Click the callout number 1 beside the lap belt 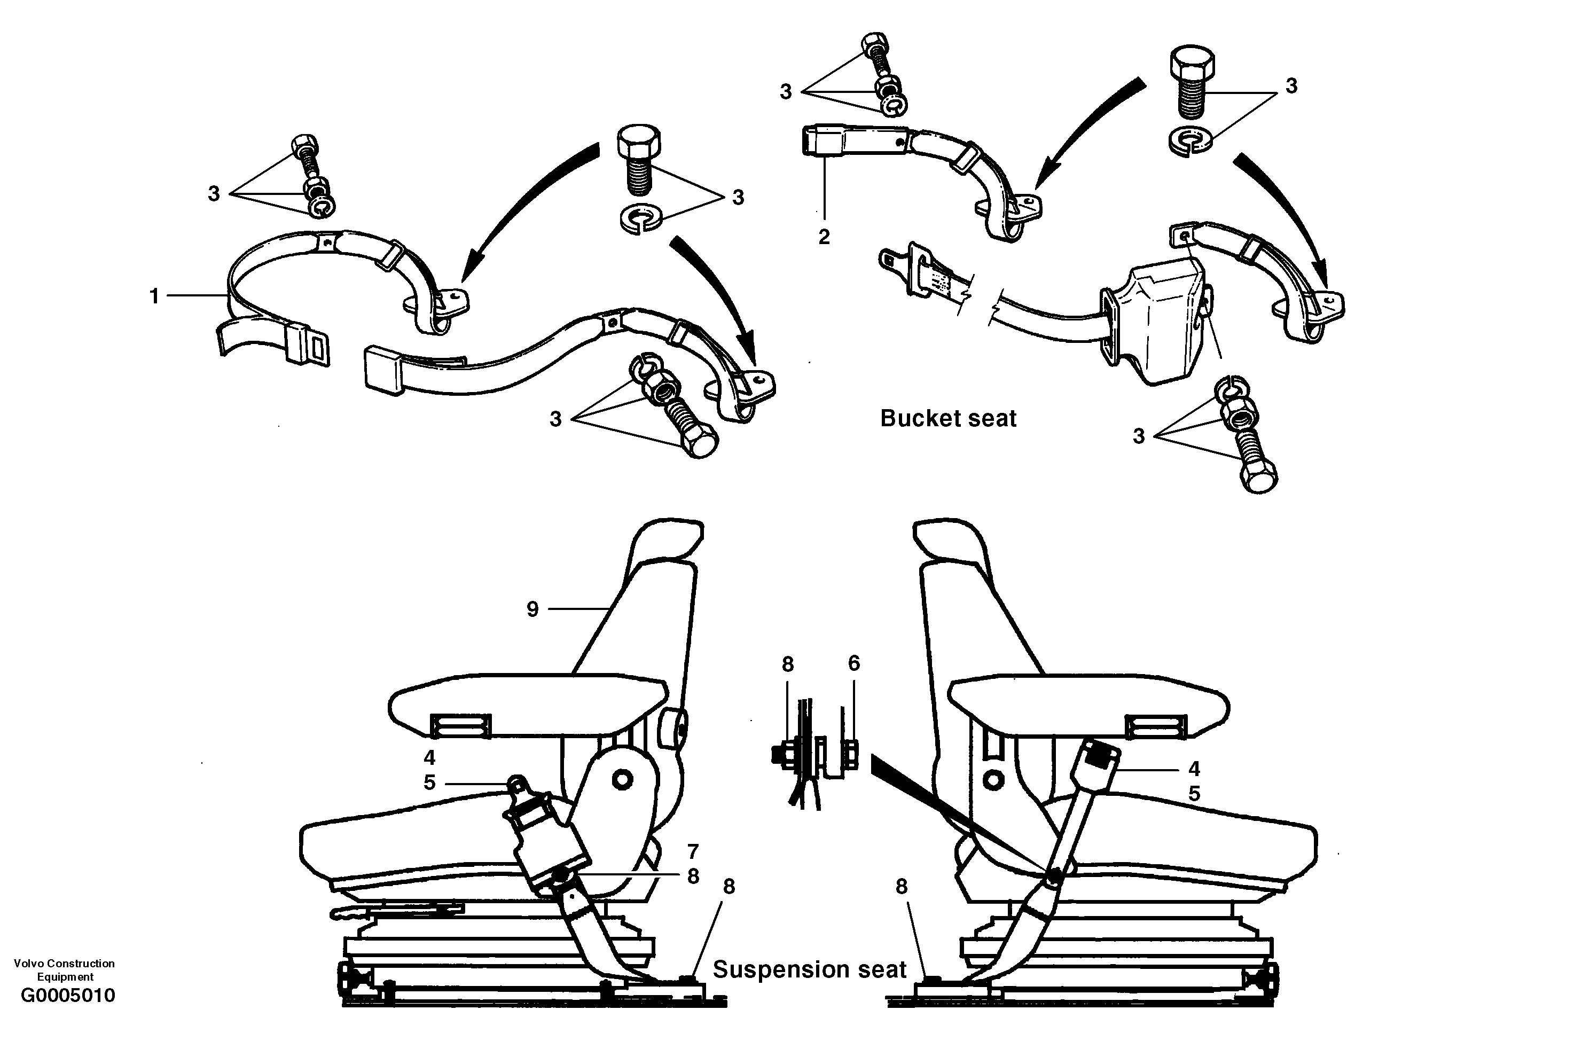[x=154, y=296]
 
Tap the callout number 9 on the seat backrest [x=532, y=609]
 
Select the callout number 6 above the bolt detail [x=854, y=663]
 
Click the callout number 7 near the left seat [x=693, y=851]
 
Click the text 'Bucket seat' [x=947, y=418]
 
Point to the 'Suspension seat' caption [x=809, y=969]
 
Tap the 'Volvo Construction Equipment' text [x=64, y=969]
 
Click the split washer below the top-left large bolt [x=639, y=220]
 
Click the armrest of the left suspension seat [x=528, y=705]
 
